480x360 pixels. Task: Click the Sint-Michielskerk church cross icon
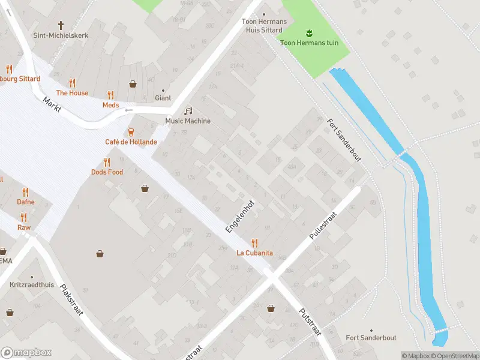pyautogui.click(x=61, y=25)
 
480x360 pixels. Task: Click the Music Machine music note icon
pyautogui.click(x=188, y=111)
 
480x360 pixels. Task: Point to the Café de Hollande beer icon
pyautogui.click(x=131, y=132)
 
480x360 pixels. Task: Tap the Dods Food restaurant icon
pyautogui.click(x=107, y=162)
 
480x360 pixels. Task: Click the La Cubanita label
pyautogui.click(x=254, y=253)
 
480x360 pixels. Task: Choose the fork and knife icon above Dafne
pyautogui.click(x=25, y=192)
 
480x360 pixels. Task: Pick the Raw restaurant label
pyautogui.click(x=24, y=227)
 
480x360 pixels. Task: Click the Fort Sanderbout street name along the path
pyautogui.click(x=344, y=139)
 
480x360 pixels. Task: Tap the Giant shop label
pyautogui.click(x=163, y=98)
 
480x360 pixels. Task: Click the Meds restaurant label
pyautogui.click(x=110, y=105)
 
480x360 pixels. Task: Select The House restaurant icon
pyautogui.click(x=72, y=83)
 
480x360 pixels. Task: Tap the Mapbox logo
pyautogui.click(x=26, y=352)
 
